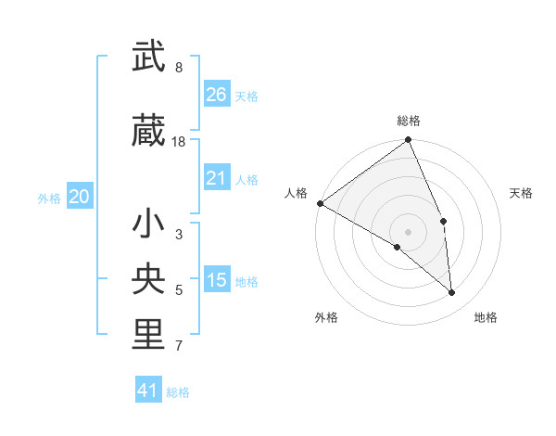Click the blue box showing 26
click(x=217, y=94)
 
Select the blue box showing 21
click(x=217, y=178)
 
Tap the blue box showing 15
click(x=217, y=280)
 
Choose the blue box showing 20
click(x=80, y=197)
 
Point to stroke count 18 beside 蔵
click(x=180, y=142)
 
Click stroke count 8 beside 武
click(x=179, y=68)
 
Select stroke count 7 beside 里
click(x=179, y=347)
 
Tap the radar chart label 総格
click(x=409, y=121)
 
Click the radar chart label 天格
click(x=521, y=193)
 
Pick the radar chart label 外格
click(x=326, y=317)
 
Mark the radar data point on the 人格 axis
click(x=320, y=203)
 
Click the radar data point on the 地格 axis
click(x=452, y=292)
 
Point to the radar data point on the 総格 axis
click(x=409, y=141)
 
